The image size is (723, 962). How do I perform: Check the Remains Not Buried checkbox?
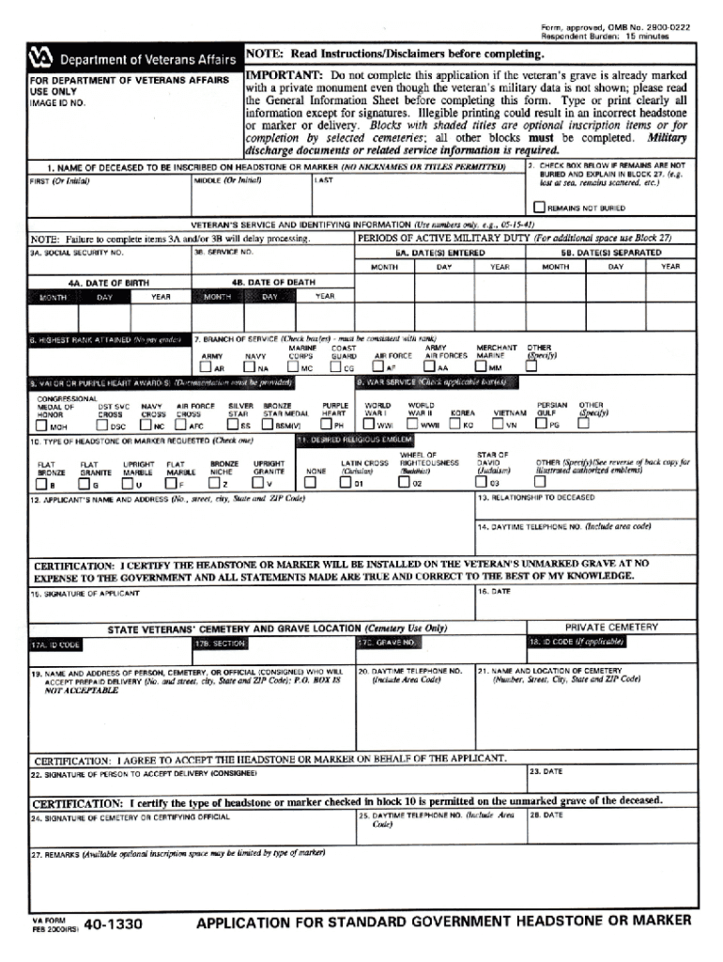[539, 208]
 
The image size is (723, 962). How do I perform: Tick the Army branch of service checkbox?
[208, 368]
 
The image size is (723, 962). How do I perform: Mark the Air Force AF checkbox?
[380, 368]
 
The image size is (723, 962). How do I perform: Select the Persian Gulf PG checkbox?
[542, 425]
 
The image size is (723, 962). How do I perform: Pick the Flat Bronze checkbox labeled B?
[41, 484]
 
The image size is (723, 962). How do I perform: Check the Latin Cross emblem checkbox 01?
[346, 484]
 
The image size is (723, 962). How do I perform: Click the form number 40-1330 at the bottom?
[113, 926]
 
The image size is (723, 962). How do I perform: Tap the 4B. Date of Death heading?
[272, 282]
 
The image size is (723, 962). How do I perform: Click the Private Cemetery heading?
[611, 627]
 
